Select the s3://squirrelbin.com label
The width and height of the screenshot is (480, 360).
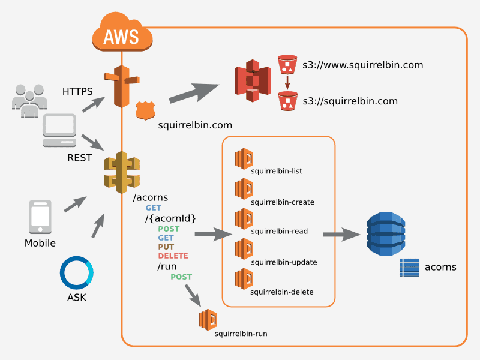(350, 101)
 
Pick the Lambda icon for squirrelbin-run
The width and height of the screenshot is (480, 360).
(208, 319)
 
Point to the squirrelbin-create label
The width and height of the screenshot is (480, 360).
(283, 202)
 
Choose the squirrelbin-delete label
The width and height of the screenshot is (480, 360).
(282, 292)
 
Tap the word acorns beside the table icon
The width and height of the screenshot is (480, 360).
(440, 267)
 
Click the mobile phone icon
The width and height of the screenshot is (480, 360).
(40, 218)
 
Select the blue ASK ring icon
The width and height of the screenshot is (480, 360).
(77, 273)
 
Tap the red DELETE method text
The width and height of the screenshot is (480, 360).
(173, 256)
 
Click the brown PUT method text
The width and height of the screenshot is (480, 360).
(166, 247)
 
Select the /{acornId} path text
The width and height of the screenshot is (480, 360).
(170, 218)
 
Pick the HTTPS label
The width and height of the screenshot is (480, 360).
(77, 91)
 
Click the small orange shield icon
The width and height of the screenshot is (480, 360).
(145, 110)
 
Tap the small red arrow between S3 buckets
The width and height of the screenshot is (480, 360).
(288, 82)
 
